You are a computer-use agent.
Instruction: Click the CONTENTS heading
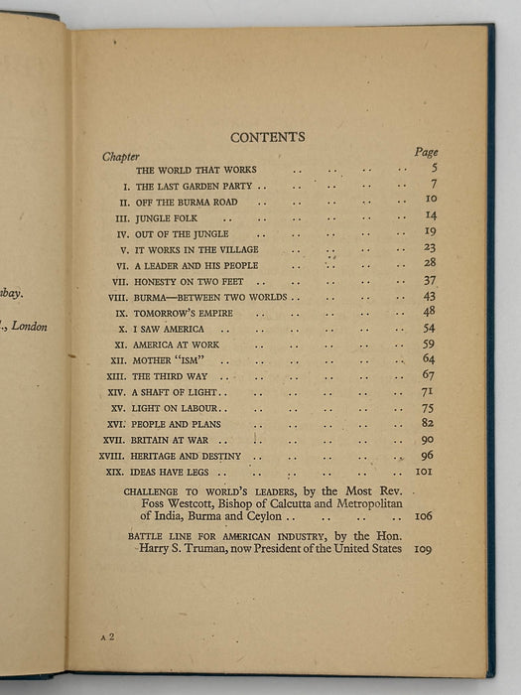(x=267, y=137)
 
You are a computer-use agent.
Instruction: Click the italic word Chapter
(x=120, y=157)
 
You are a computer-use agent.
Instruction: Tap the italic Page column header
(x=425, y=152)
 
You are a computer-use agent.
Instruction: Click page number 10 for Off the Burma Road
(x=430, y=200)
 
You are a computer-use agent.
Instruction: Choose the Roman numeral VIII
(x=118, y=298)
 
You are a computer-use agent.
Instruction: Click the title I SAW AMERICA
(x=170, y=329)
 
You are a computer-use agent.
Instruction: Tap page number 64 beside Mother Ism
(x=429, y=358)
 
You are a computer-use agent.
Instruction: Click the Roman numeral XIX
(x=117, y=473)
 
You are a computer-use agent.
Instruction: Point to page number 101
(x=426, y=472)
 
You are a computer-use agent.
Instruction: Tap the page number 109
(x=425, y=548)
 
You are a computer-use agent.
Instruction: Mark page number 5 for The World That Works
(x=433, y=168)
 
